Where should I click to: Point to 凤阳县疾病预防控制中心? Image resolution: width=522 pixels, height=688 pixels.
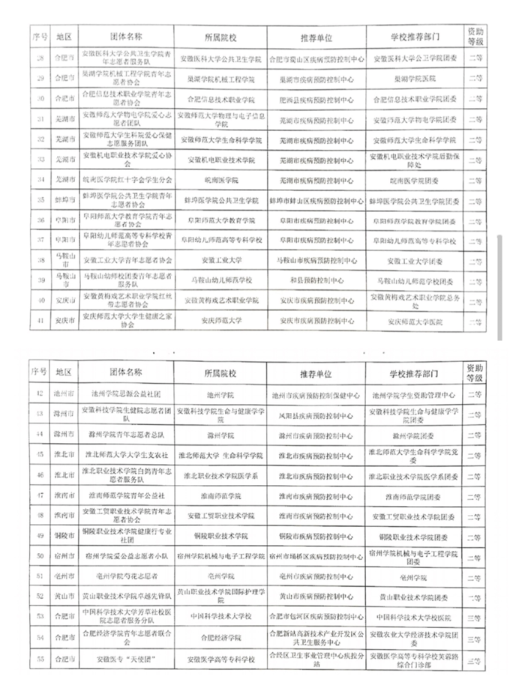316,414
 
